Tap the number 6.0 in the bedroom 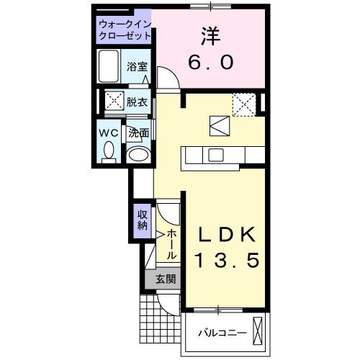click(x=210, y=63)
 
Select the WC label click(x=109, y=133)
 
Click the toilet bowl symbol click(x=109, y=150)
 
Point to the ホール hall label click(x=173, y=245)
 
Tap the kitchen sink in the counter click(x=215, y=155)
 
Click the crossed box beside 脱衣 click(x=113, y=101)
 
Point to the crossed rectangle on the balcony click(x=260, y=332)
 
